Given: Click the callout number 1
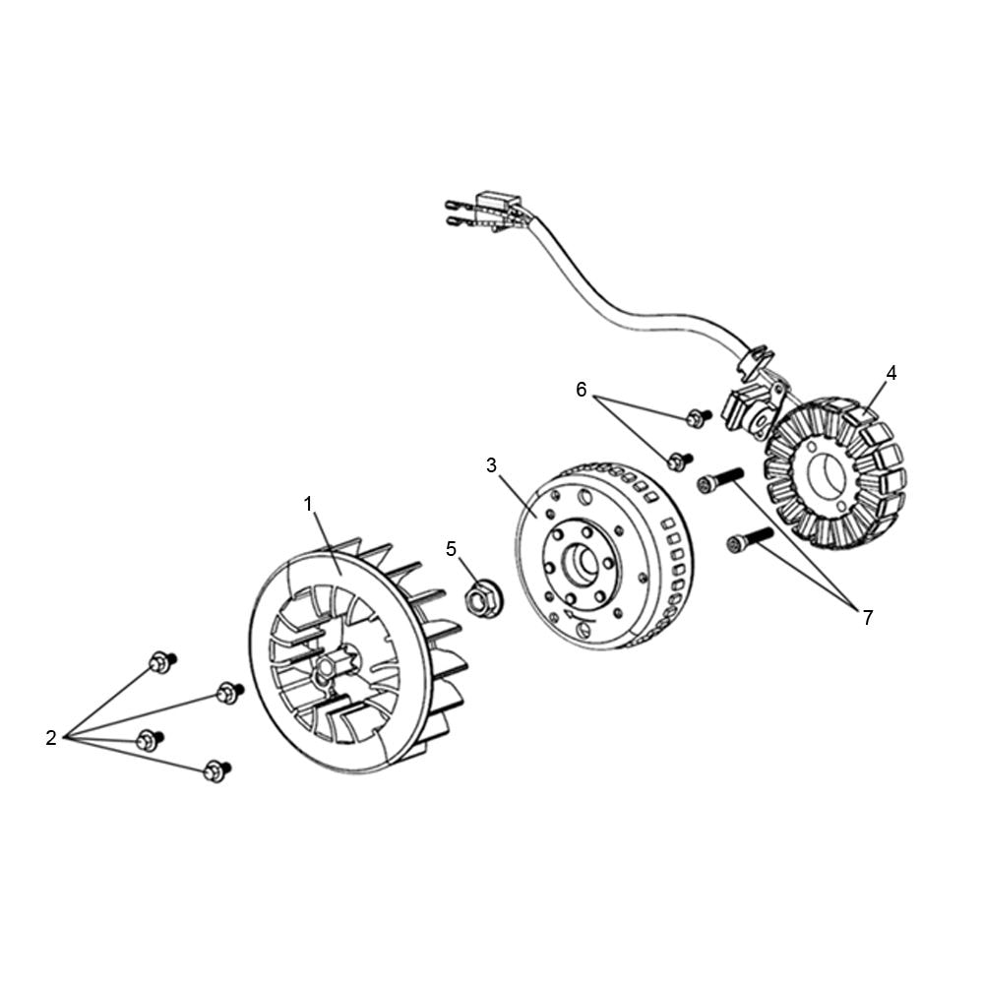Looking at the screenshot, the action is [x=308, y=504].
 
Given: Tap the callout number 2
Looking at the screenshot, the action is [x=51, y=738].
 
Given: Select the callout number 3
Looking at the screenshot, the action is [x=491, y=465].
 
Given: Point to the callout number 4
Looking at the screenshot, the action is [x=892, y=373].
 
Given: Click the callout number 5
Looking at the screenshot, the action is [x=452, y=549].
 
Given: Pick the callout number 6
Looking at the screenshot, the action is [x=582, y=390].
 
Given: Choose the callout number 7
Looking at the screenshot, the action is [x=868, y=618].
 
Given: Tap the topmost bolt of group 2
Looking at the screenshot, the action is [x=162, y=662].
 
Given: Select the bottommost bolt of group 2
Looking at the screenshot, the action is [x=217, y=770].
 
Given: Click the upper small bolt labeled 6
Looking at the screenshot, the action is [x=699, y=417].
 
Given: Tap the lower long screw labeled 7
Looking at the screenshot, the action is [x=750, y=540].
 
